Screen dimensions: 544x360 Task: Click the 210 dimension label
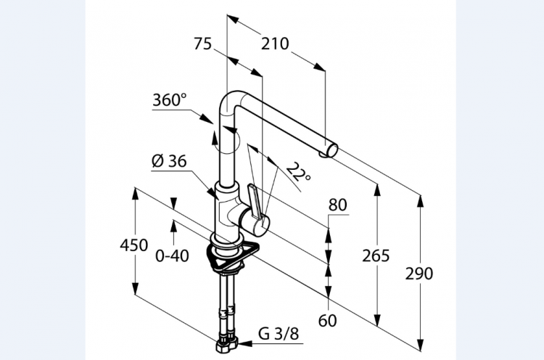tap(275, 44)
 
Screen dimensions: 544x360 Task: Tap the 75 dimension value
tap(202, 44)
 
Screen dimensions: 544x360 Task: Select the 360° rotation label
tap(170, 100)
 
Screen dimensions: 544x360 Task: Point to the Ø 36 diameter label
tap(169, 161)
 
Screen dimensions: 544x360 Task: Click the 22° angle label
tap(298, 172)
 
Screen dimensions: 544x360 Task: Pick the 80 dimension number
tap(337, 205)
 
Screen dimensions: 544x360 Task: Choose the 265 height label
tap(376, 256)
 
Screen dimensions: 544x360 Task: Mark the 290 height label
tap(419, 274)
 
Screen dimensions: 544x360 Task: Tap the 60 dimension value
tap(328, 320)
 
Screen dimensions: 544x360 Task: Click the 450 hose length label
tap(134, 245)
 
